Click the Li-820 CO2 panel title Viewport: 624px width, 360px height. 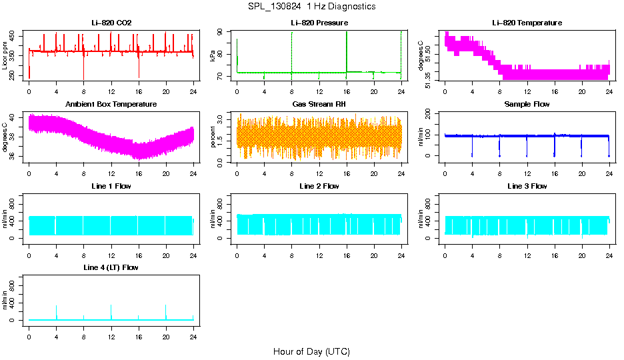coord(111,23)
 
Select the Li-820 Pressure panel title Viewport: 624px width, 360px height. coord(319,23)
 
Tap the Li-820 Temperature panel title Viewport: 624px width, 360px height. coord(527,23)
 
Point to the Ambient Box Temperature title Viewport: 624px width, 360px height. coord(111,104)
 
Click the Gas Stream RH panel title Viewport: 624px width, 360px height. coord(319,104)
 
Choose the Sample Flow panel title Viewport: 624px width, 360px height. coord(527,104)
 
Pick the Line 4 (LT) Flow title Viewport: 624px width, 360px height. coord(111,267)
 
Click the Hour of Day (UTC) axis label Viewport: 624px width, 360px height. coord(311,351)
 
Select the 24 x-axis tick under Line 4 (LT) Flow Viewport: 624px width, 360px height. coord(193,329)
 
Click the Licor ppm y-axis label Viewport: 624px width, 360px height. coord(5,57)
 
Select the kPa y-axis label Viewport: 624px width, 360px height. coord(213,57)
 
